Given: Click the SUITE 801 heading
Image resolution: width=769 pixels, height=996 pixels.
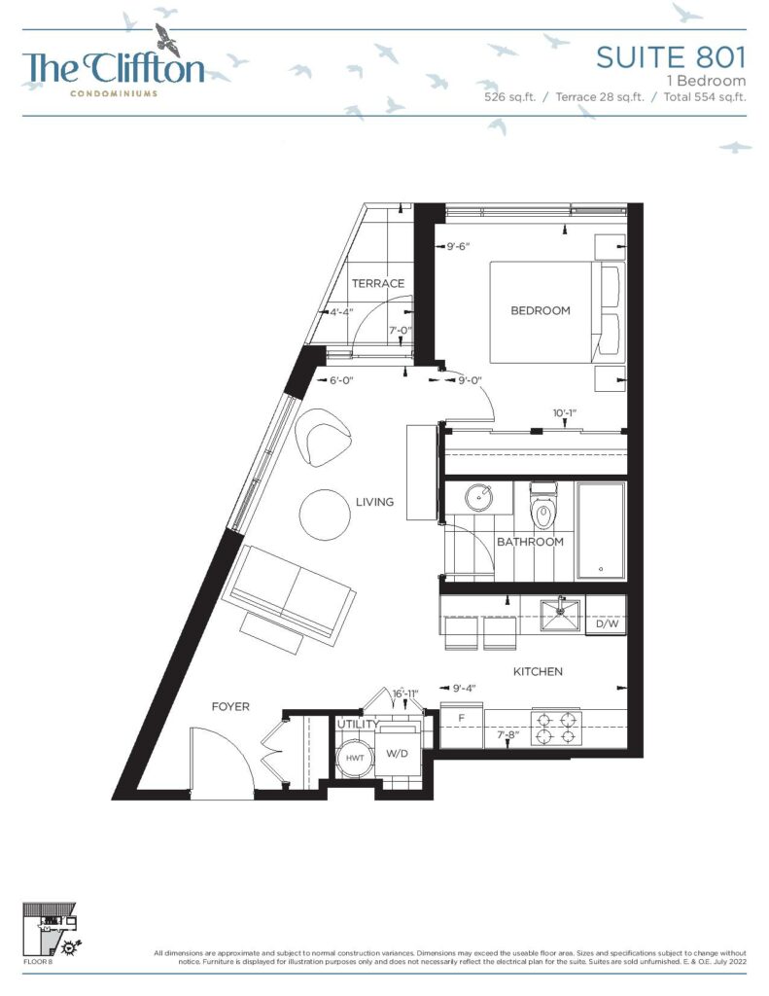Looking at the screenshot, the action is pyautogui.click(x=671, y=57).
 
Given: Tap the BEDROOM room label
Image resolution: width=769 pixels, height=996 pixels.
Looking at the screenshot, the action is pyautogui.click(x=541, y=310).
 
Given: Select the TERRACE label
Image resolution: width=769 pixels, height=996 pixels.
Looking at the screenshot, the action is pyautogui.click(x=378, y=283).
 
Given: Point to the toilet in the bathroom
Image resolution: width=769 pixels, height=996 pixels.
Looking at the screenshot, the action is pyautogui.click(x=542, y=506).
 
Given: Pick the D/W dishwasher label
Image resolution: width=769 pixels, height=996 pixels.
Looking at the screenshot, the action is pyautogui.click(x=607, y=623).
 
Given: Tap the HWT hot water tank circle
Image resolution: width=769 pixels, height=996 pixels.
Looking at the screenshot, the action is pyautogui.click(x=355, y=758).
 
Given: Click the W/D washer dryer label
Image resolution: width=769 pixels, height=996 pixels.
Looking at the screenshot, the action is pyautogui.click(x=397, y=754).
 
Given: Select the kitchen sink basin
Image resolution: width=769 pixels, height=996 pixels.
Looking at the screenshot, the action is pyautogui.click(x=561, y=615).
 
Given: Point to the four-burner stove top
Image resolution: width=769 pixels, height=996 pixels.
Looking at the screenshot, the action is pyautogui.click(x=557, y=728).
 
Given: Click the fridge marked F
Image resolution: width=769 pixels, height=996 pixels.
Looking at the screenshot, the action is pyautogui.click(x=462, y=725).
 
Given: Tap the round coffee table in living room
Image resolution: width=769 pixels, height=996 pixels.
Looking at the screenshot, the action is pyautogui.click(x=325, y=515).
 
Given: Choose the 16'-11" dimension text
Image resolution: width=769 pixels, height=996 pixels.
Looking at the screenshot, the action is pyautogui.click(x=406, y=694).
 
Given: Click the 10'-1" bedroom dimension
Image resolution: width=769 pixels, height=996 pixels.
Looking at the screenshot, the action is pyautogui.click(x=565, y=413).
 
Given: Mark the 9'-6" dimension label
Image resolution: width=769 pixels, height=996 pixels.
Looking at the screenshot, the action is pyautogui.click(x=458, y=246).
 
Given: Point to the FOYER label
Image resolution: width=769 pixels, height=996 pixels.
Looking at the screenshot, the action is pyautogui.click(x=230, y=706).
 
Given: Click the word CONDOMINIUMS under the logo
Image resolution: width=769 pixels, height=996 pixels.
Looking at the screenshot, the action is pyautogui.click(x=114, y=93).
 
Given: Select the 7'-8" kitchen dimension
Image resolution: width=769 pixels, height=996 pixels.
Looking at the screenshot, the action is pyautogui.click(x=508, y=735).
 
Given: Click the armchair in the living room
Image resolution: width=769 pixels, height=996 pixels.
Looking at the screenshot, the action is pyautogui.click(x=323, y=437).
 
